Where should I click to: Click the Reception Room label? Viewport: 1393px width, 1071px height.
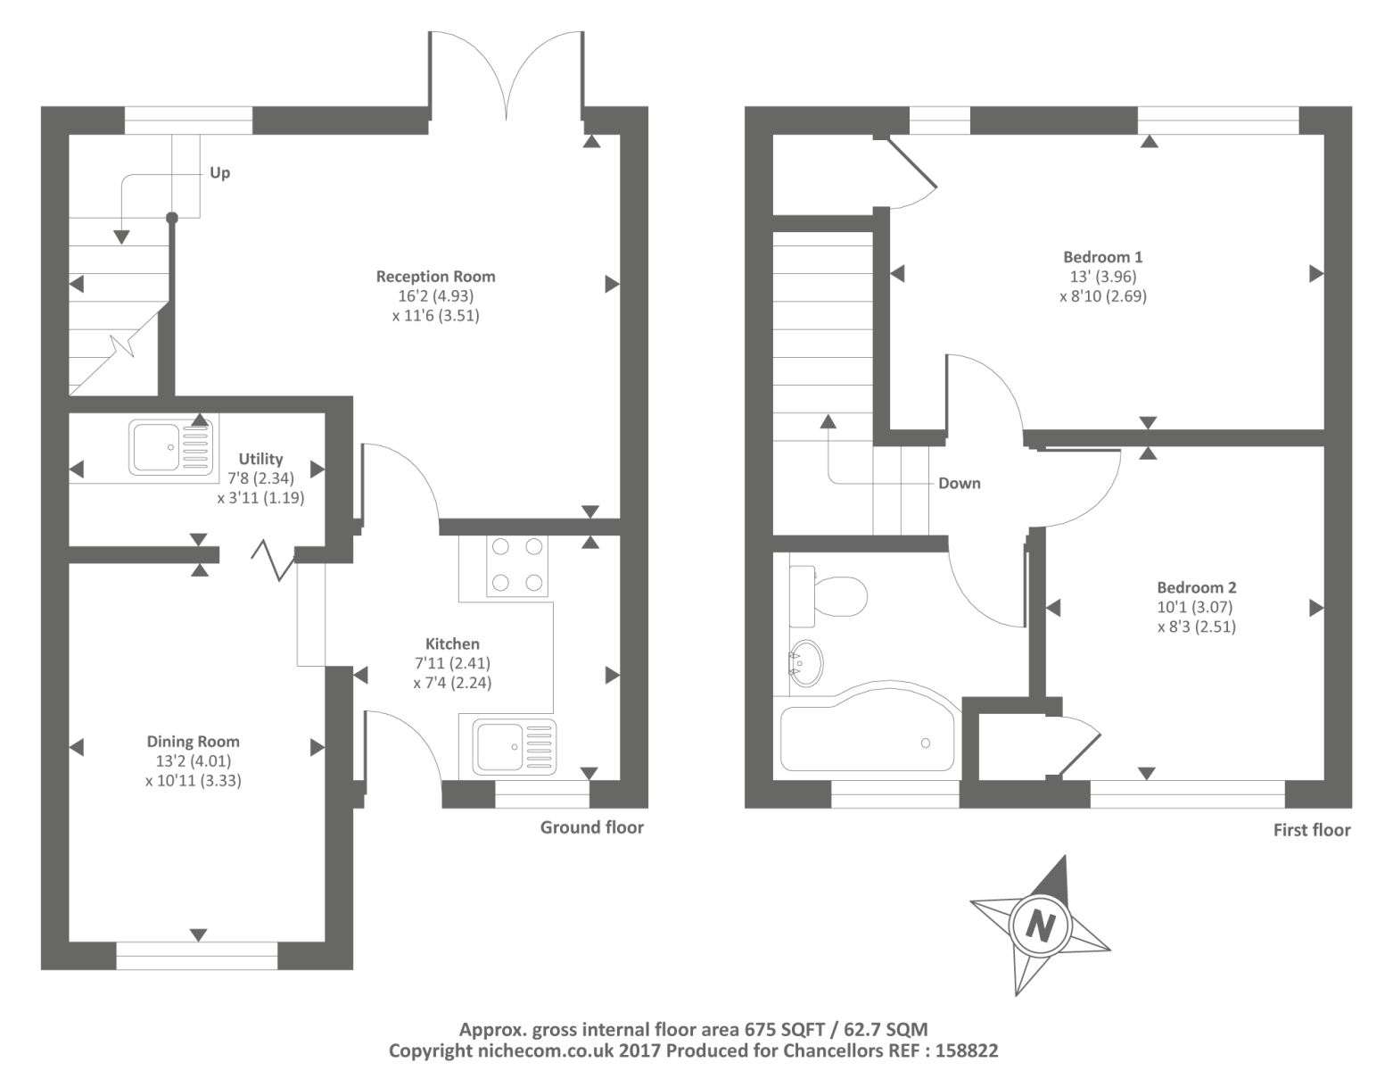click(x=435, y=277)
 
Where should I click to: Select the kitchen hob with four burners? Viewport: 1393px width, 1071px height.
click(x=518, y=565)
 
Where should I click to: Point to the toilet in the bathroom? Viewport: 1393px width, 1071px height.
click(x=829, y=595)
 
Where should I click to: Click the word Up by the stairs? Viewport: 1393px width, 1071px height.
click(x=219, y=172)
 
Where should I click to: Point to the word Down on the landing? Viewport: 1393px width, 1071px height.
click(x=960, y=484)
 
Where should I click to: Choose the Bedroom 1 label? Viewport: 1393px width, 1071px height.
click(x=1102, y=257)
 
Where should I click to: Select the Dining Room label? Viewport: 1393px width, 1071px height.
click(x=194, y=742)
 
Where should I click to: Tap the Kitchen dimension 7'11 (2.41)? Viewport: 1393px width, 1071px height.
click(x=452, y=664)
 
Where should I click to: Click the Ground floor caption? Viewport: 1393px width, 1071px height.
click(x=591, y=827)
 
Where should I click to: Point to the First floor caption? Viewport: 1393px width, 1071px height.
click(x=1312, y=830)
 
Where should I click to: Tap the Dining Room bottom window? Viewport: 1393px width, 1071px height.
click(x=198, y=955)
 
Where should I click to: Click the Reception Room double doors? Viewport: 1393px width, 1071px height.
click(x=507, y=80)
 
